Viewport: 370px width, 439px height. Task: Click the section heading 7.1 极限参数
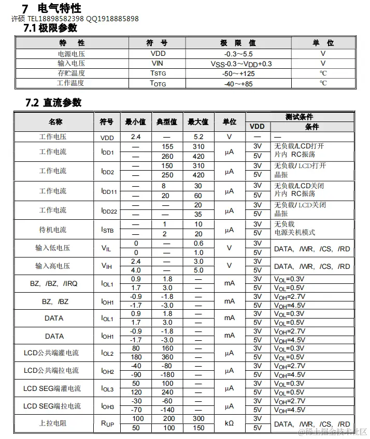(x=51, y=28)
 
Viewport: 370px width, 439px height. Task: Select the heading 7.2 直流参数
(x=54, y=102)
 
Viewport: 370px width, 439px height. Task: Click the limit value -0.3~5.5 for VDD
(x=238, y=53)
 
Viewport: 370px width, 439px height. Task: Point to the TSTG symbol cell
(x=158, y=73)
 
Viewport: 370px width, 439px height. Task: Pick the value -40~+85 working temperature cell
(x=238, y=83)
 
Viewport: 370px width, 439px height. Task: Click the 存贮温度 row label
(x=72, y=73)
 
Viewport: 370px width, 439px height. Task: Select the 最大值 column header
(x=198, y=122)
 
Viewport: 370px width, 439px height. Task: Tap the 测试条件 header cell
(x=300, y=117)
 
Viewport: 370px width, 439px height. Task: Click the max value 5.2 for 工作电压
(x=198, y=137)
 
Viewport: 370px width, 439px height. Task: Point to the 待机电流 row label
(x=53, y=230)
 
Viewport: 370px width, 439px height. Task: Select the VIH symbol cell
(x=107, y=266)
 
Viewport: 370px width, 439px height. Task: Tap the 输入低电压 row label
(x=53, y=248)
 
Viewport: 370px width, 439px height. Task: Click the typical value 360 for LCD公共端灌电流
(x=167, y=357)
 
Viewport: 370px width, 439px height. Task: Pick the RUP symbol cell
(x=107, y=423)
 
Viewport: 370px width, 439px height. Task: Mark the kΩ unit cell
(x=229, y=423)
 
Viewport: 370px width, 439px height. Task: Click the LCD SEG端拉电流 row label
(x=52, y=406)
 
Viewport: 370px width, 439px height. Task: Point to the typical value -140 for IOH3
(x=167, y=410)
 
